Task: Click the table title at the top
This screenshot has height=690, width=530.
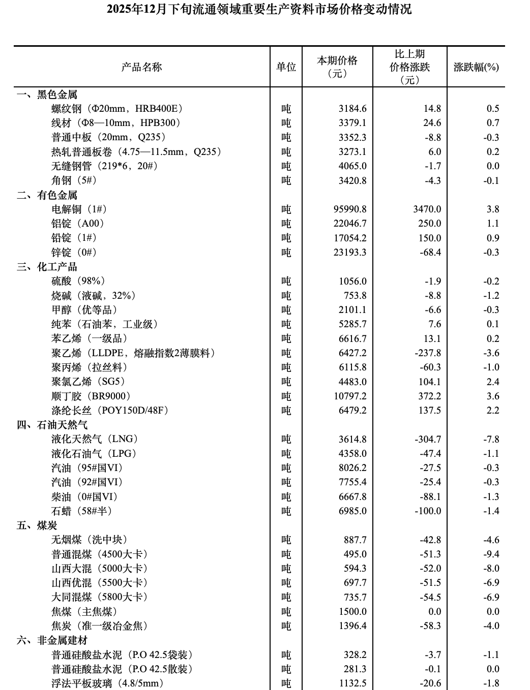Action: pos(259,9)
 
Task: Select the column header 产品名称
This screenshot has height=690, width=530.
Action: pos(141,67)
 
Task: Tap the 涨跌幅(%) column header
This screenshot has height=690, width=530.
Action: pos(476,67)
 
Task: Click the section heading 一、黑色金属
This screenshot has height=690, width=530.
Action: pos(47,95)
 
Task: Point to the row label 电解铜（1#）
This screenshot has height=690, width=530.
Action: pos(79,209)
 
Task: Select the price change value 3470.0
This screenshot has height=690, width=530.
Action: pos(428,209)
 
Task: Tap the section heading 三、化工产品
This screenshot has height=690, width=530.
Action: pos(47,267)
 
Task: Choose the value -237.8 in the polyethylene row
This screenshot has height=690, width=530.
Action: pos(428,353)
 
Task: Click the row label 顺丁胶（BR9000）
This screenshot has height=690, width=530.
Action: pos(91,396)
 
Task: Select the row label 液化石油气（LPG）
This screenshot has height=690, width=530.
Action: pos(94,454)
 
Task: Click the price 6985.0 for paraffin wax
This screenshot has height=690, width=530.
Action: pos(352,511)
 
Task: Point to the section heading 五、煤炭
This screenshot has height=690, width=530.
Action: pos(37,525)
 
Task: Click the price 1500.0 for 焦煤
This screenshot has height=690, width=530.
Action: pos(352,612)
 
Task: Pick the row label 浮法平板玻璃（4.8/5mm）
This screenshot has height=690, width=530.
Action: pos(107,683)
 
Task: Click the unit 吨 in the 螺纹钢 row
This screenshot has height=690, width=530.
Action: pos(286,109)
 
